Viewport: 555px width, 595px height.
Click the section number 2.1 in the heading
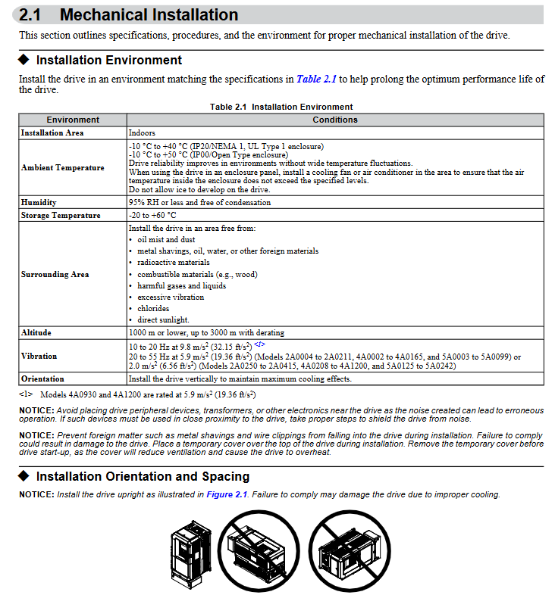click(x=35, y=15)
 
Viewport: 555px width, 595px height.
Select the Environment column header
click(x=73, y=120)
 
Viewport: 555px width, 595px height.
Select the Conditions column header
click(x=335, y=120)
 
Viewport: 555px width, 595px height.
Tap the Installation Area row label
click(x=52, y=132)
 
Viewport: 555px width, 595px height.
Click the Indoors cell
click(x=142, y=132)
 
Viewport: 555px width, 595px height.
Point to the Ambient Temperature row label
click(x=63, y=167)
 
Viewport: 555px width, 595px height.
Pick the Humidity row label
click(x=39, y=203)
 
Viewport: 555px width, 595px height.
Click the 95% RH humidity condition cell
click(x=199, y=203)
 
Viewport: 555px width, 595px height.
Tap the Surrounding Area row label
click(x=55, y=274)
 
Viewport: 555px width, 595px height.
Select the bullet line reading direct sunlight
click(x=163, y=319)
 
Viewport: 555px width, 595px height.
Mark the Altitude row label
click(x=36, y=332)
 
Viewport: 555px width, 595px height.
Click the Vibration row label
click(x=39, y=355)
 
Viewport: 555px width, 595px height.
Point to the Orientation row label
click(x=42, y=378)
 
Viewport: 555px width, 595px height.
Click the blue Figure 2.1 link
click(x=227, y=494)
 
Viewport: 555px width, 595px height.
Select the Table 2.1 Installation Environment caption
click(x=281, y=107)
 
